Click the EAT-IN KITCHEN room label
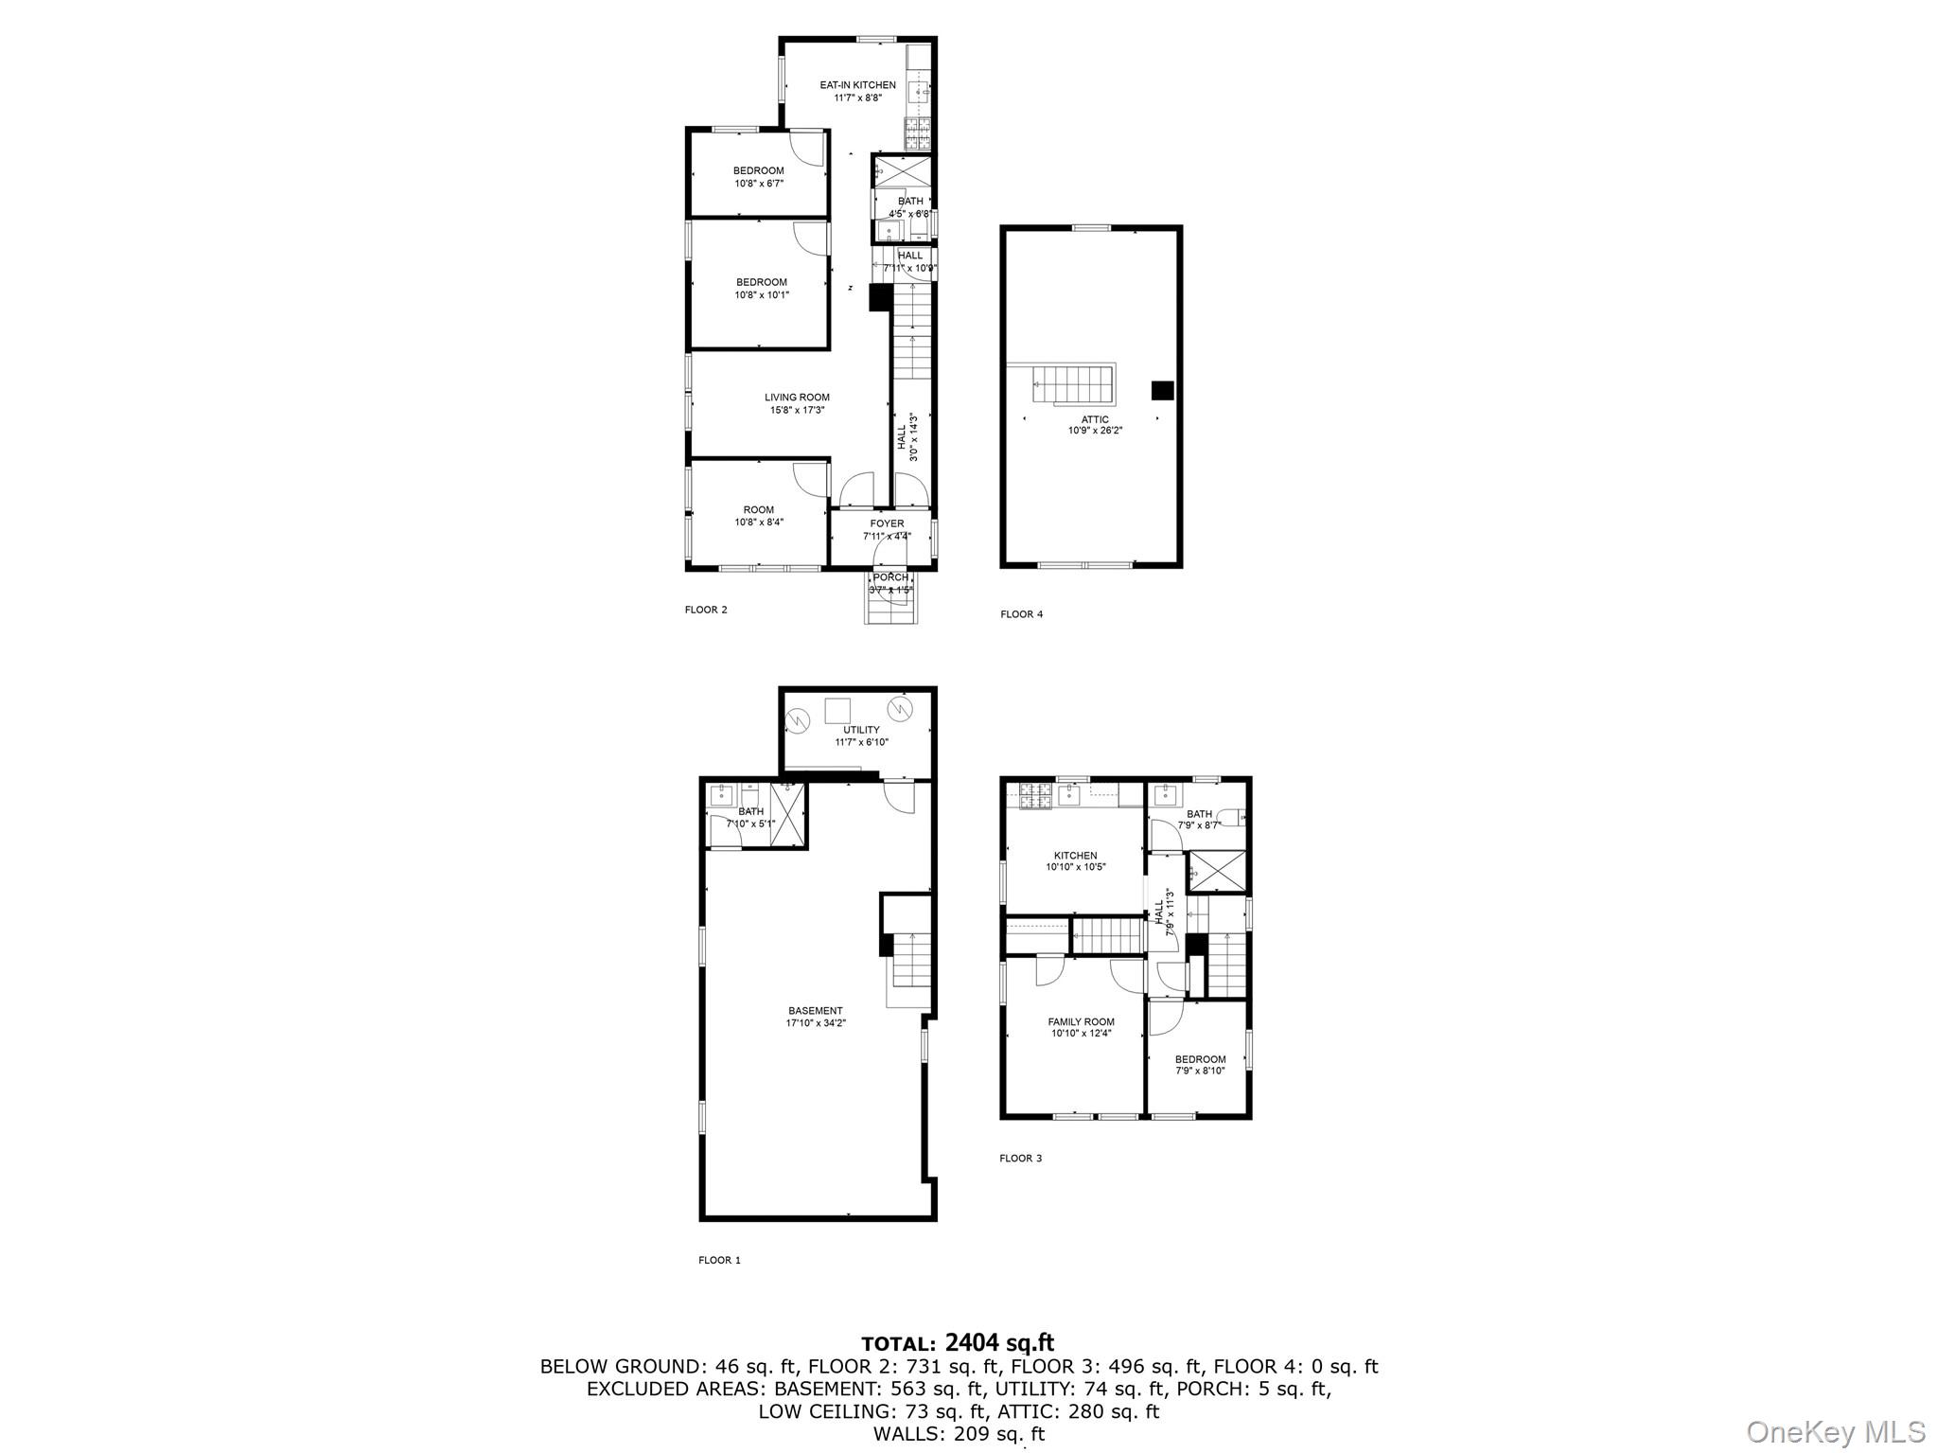click(x=857, y=85)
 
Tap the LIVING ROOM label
click(x=797, y=398)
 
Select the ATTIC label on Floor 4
click(x=1095, y=419)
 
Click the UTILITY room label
click(x=861, y=730)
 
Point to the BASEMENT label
click(x=815, y=1011)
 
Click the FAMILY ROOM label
click(x=1081, y=1021)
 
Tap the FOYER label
click(x=887, y=523)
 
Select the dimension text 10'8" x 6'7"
click(x=759, y=184)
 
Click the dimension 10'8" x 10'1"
click(x=762, y=295)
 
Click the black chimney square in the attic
click(x=1162, y=390)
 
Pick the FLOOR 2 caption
click(x=706, y=610)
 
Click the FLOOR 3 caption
click(x=1021, y=1158)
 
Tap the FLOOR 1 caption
click(x=719, y=1260)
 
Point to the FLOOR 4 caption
click(x=1022, y=614)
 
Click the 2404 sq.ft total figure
click(x=998, y=1342)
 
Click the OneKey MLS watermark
click(x=1835, y=1430)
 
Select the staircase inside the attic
click(x=1073, y=383)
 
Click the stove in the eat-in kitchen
click(x=918, y=133)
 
